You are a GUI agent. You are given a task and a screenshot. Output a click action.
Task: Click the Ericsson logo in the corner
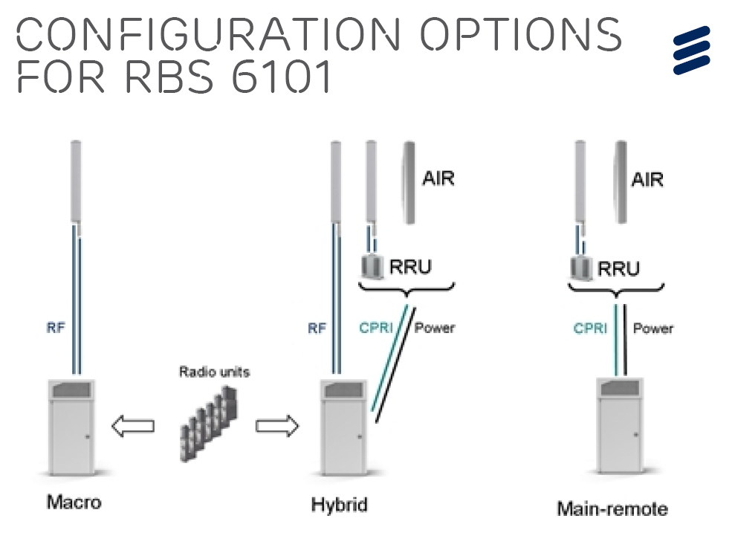(x=691, y=50)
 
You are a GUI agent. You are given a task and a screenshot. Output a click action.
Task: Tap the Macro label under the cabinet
(x=74, y=502)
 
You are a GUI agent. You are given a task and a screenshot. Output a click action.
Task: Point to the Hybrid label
(x=340, y=505)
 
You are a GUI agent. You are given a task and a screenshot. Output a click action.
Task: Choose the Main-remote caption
(x=612, y=509)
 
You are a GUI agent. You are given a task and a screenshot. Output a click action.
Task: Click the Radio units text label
(x=215, y=372)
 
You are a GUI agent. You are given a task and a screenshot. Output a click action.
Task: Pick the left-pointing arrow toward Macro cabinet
(x=132, y=426)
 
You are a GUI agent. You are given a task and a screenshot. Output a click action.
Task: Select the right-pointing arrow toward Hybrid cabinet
(x=276, y=426)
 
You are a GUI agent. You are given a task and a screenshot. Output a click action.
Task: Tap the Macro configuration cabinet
(x=72, y=427)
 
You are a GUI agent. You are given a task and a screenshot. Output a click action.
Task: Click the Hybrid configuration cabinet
(x=342, y=427)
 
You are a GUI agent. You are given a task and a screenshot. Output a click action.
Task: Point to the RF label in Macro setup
(x=56, y=328)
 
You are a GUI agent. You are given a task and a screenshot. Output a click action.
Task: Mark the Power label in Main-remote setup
(x=653, y=328)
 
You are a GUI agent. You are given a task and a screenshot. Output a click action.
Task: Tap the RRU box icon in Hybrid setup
(x=370, y=266)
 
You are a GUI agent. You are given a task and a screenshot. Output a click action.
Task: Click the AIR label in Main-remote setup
(x=647, y=179)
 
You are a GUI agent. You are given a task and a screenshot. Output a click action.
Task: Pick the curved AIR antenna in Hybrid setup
(x=409, y=183)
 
